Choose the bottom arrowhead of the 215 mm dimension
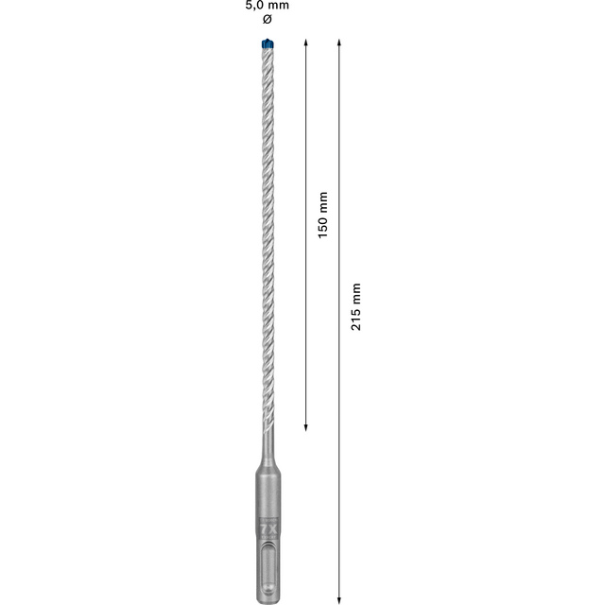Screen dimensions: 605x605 tap(338, 598)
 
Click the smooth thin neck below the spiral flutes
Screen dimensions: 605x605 tap(268, 444)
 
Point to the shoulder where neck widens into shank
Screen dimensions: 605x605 tap(268, 466)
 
